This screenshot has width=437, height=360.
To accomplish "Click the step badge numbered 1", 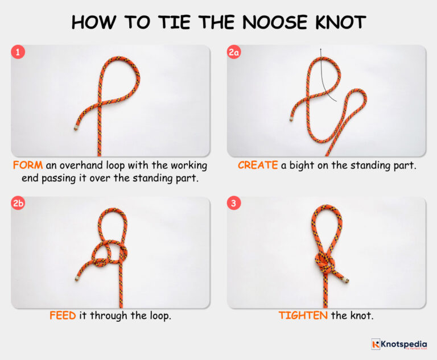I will (18, 52).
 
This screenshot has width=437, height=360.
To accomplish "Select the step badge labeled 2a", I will (234, 52).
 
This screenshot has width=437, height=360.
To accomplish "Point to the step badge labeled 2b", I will (18, 204).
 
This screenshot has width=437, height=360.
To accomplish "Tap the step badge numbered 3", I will (234, 204).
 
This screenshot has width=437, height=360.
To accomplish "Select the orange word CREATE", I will (258, 165).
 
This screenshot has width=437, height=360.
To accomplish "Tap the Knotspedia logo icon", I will (376, 344).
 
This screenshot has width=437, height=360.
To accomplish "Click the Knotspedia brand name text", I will (404, 344).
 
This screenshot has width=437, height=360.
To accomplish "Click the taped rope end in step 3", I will (345, 280).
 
